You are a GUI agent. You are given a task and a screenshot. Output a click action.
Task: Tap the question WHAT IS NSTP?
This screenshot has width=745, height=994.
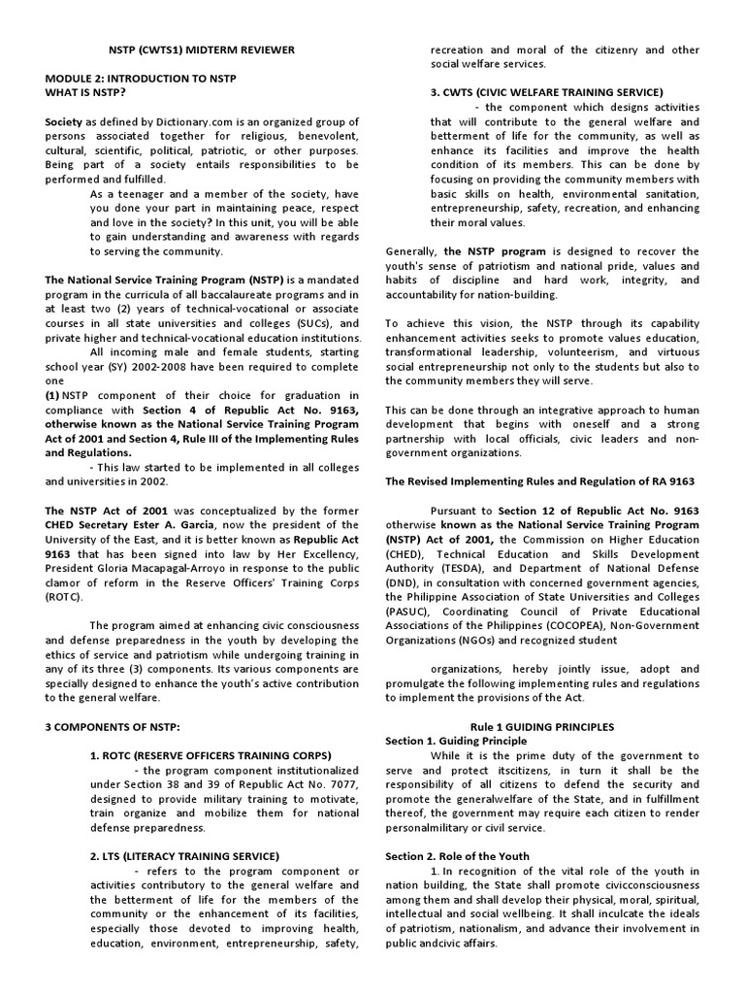[85, 92]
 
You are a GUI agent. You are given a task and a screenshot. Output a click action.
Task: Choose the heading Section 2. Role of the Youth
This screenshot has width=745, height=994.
[455, 856]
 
